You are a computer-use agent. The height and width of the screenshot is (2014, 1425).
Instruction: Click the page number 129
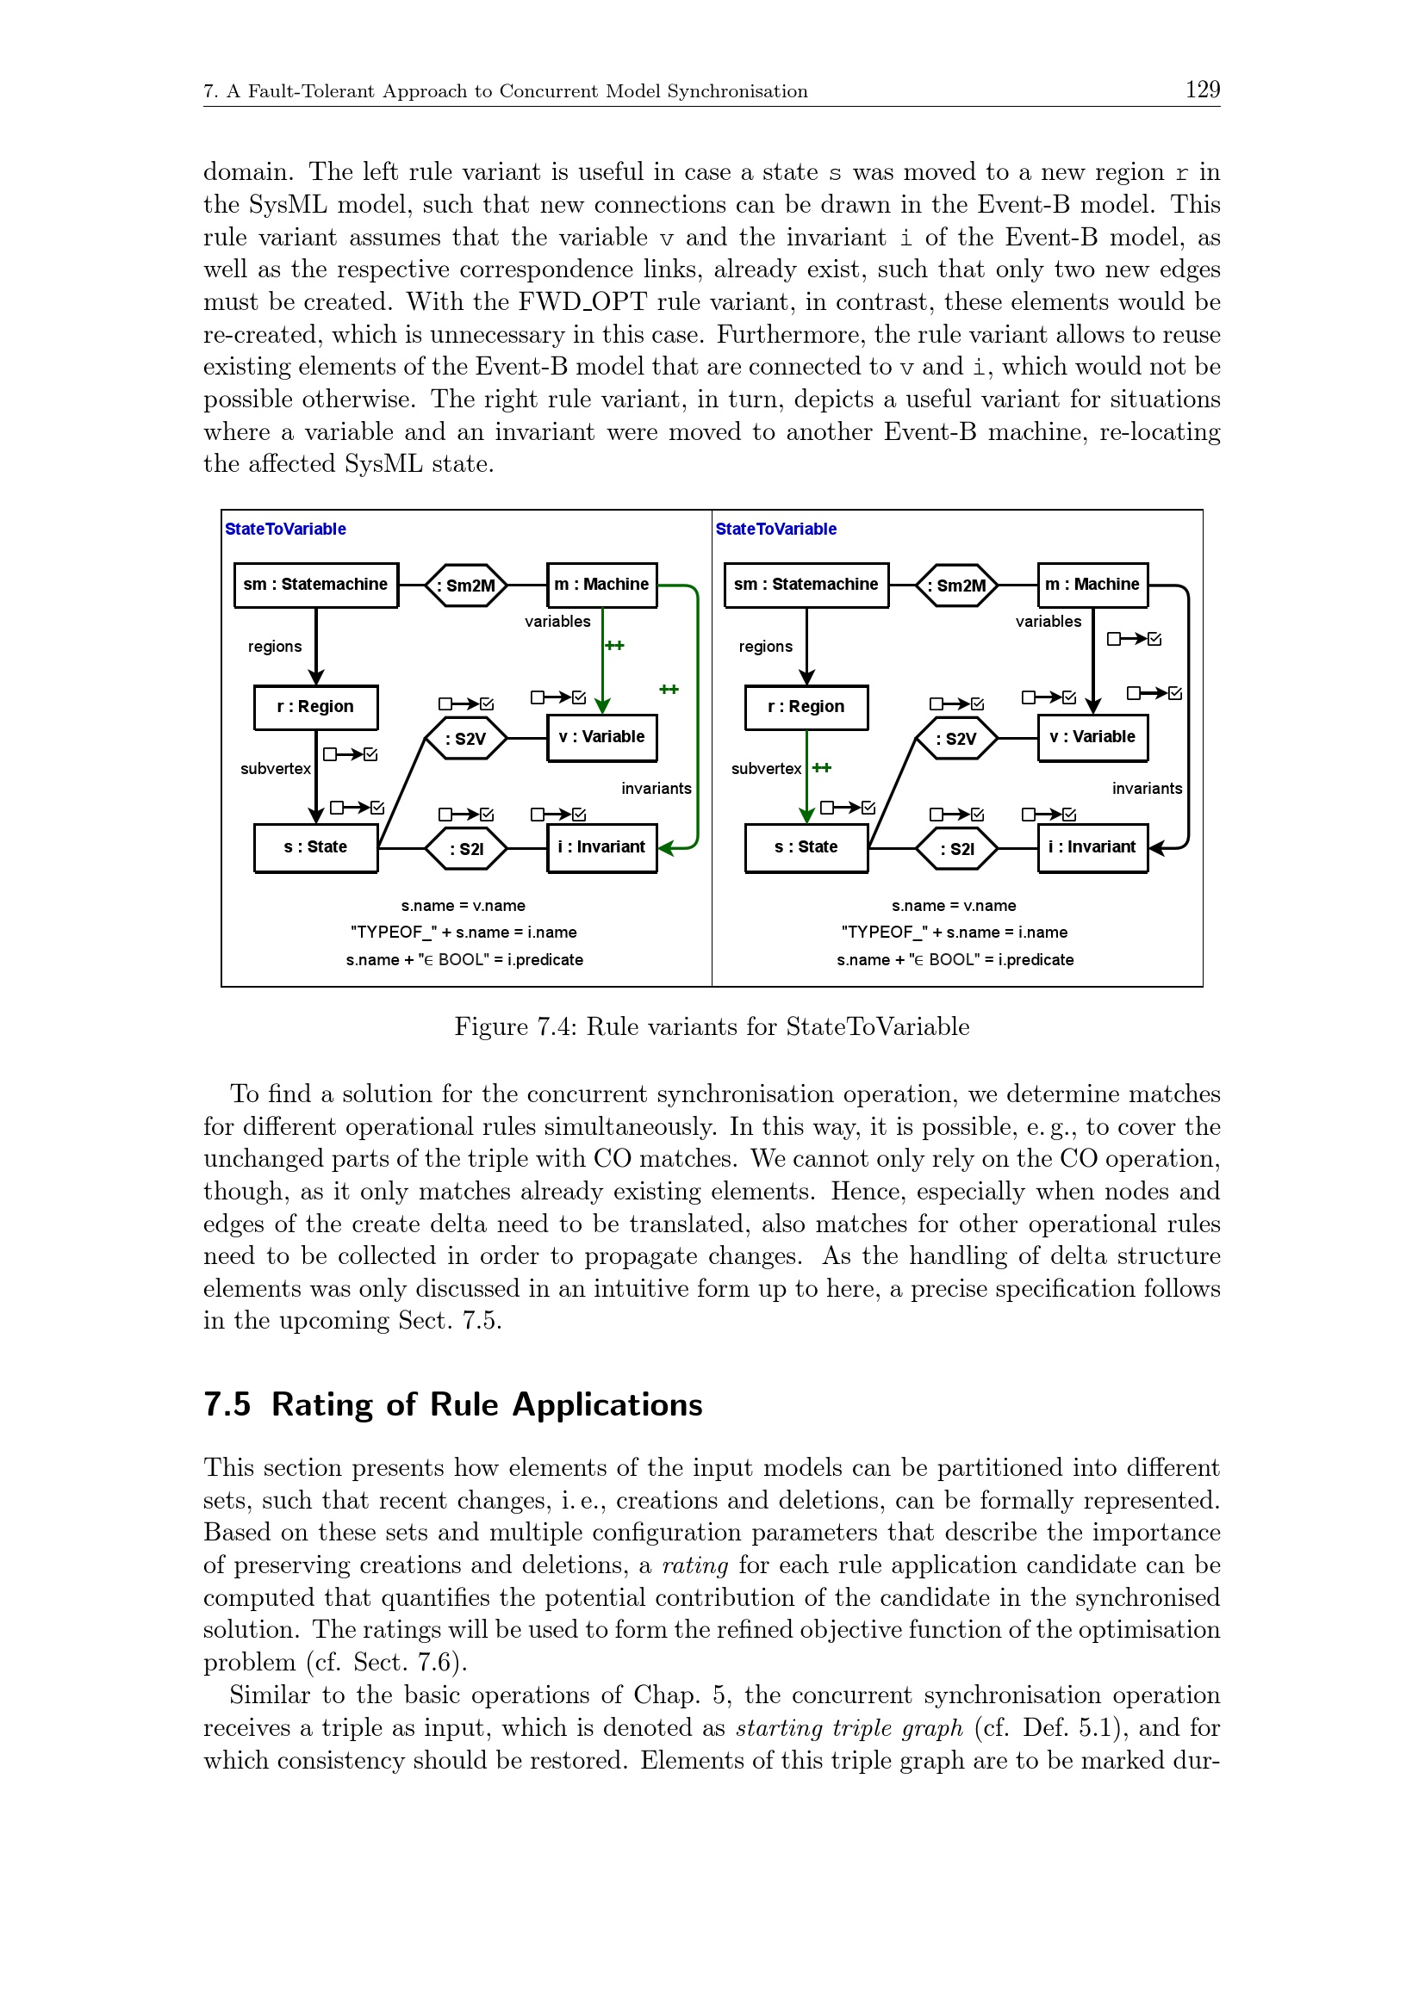(1201, 90)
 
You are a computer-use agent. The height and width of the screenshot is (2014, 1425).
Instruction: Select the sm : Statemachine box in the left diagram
(316, 585)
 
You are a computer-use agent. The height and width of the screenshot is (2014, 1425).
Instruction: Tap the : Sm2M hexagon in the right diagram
(956, 585)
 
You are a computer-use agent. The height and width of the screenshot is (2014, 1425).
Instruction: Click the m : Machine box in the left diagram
(602, 585)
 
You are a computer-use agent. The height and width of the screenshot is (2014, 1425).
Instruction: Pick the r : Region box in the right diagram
(806, 707)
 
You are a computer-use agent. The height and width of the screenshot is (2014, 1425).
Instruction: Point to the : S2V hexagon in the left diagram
(466, 739)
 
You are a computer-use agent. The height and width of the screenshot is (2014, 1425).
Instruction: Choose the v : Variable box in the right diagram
(1092, 738)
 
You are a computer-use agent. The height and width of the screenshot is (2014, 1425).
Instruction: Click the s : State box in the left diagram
(316, 847)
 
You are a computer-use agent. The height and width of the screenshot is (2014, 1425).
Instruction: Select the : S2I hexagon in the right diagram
(956, 848)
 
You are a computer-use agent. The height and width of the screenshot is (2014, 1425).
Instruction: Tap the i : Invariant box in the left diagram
(602, 847)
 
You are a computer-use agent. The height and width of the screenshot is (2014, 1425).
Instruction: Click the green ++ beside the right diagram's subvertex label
(822, 767)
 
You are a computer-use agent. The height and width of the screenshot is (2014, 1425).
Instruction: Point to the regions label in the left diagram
(275, 647)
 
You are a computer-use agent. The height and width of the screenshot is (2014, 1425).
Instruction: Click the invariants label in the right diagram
(1147, 789)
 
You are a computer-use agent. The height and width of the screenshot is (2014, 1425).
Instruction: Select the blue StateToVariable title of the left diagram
(285, 529)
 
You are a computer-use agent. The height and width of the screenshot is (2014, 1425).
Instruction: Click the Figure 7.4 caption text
(712, 1026)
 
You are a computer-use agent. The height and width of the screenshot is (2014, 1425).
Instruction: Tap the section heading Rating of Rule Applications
(487, 1404)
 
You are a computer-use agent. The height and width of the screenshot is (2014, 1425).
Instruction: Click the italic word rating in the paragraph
(695, 1565)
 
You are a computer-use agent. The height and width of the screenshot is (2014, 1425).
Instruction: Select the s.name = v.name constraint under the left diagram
(464, 905)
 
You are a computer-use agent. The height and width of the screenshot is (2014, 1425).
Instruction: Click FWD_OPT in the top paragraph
(582, 301)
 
